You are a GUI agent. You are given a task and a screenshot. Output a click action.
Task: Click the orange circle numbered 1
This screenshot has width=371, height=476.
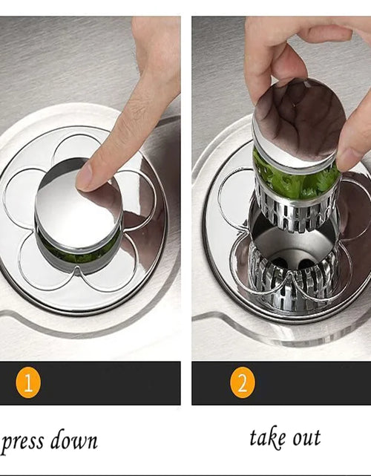(x=28, y=382)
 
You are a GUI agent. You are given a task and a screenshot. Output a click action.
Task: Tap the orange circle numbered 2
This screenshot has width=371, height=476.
(x=243, y=382)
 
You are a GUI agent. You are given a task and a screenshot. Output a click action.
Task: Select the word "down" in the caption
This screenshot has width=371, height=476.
(x=73, y=439)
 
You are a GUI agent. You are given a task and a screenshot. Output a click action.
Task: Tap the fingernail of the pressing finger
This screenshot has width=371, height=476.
(x=83, y=177)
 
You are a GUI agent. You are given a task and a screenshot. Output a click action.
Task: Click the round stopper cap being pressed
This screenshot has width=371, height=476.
(x=79, y=209)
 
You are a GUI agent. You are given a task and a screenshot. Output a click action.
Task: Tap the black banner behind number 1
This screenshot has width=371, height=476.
(x=91, y=382)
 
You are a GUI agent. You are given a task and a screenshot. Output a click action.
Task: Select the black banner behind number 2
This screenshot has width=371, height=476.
(x=281, y=382)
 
